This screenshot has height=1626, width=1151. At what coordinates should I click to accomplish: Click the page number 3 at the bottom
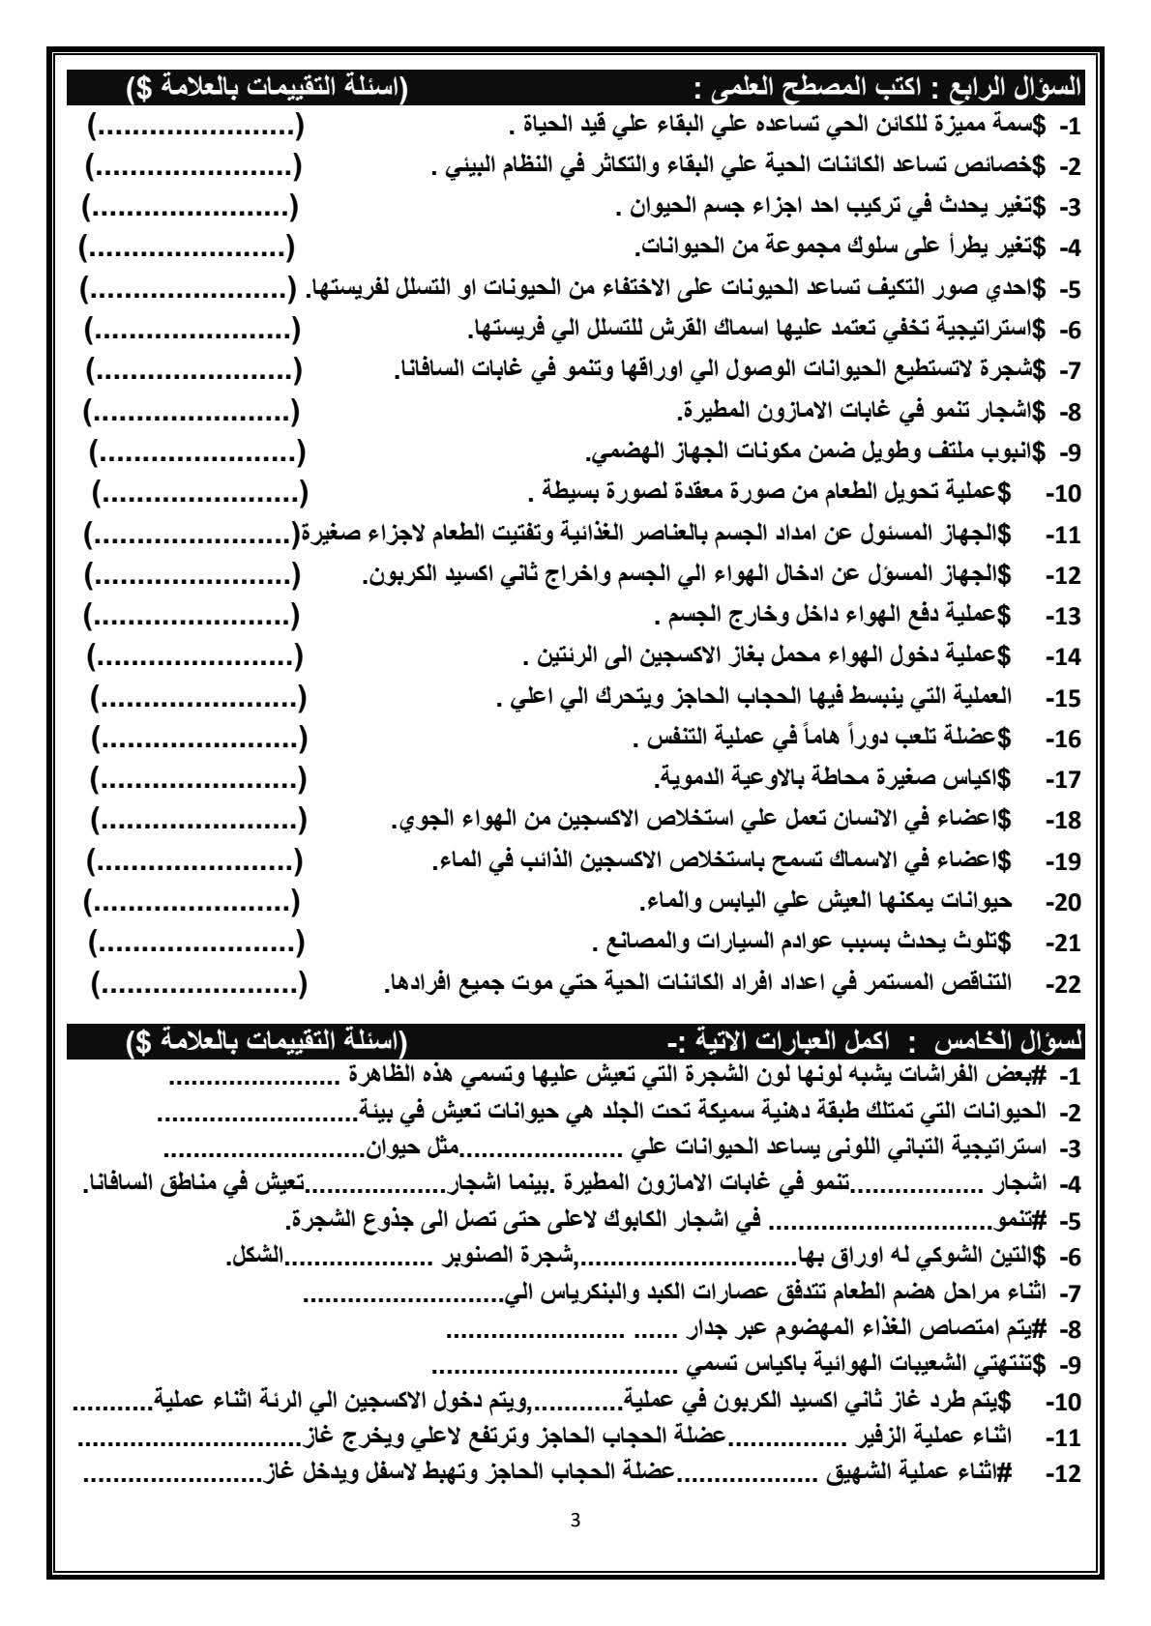coord(576,1519)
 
